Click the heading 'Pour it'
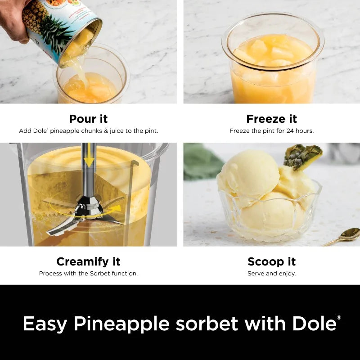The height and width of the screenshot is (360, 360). tap(89, 119)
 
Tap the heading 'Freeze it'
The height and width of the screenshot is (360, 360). tap(271, 119)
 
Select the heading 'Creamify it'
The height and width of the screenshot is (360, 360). tap(88, 261)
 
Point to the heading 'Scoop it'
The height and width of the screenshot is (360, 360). tap(271, 261)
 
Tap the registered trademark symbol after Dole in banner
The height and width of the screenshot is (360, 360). tap(339, 318)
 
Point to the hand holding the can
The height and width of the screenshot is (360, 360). tap(13, 18)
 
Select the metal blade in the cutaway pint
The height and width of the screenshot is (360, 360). tap(85, 216)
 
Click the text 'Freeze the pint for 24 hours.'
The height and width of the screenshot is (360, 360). tap(271, 131)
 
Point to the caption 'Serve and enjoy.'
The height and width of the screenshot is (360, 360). tap(271, 274)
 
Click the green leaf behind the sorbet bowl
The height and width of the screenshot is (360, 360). tap(200, 162)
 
